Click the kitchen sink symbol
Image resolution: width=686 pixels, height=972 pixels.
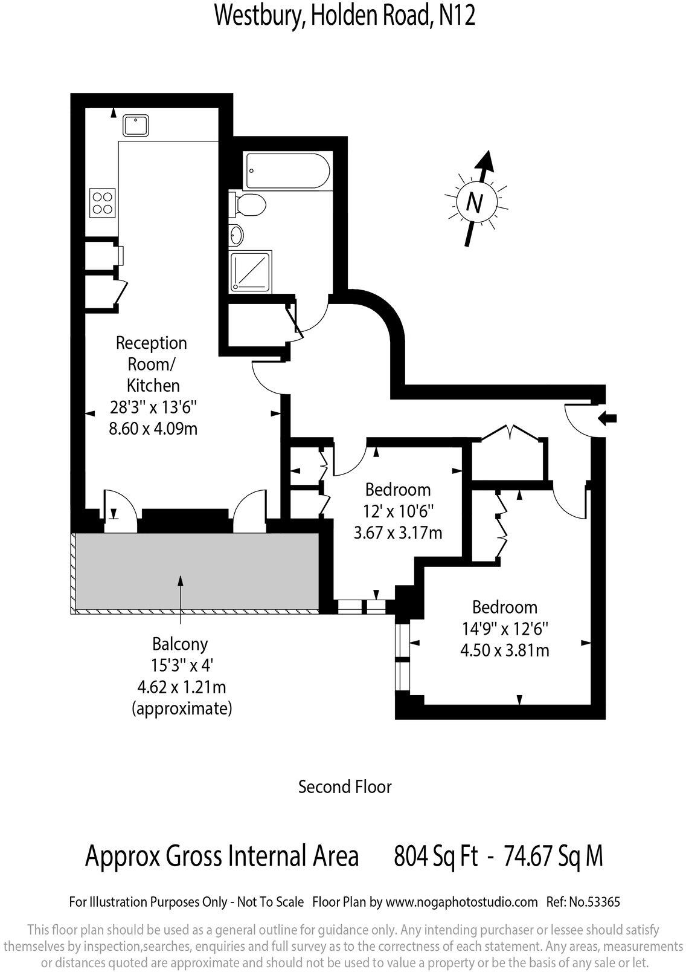click(x=137, y=126)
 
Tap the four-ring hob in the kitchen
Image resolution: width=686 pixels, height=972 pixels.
click(x=103, y=202)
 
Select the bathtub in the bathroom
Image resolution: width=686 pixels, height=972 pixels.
click(x=286, y=171)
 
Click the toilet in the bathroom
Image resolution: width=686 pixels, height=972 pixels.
click(x=248, y=205)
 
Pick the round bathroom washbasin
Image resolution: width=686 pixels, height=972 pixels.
click(x=236, y=234)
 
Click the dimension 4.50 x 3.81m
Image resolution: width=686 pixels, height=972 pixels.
click(x=505, y=650)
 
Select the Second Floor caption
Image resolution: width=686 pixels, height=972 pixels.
click(x=345, y=786)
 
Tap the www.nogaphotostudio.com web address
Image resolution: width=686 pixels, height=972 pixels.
click(x=461, y=902)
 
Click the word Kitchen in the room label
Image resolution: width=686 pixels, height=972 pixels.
click(x=153, y=385)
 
